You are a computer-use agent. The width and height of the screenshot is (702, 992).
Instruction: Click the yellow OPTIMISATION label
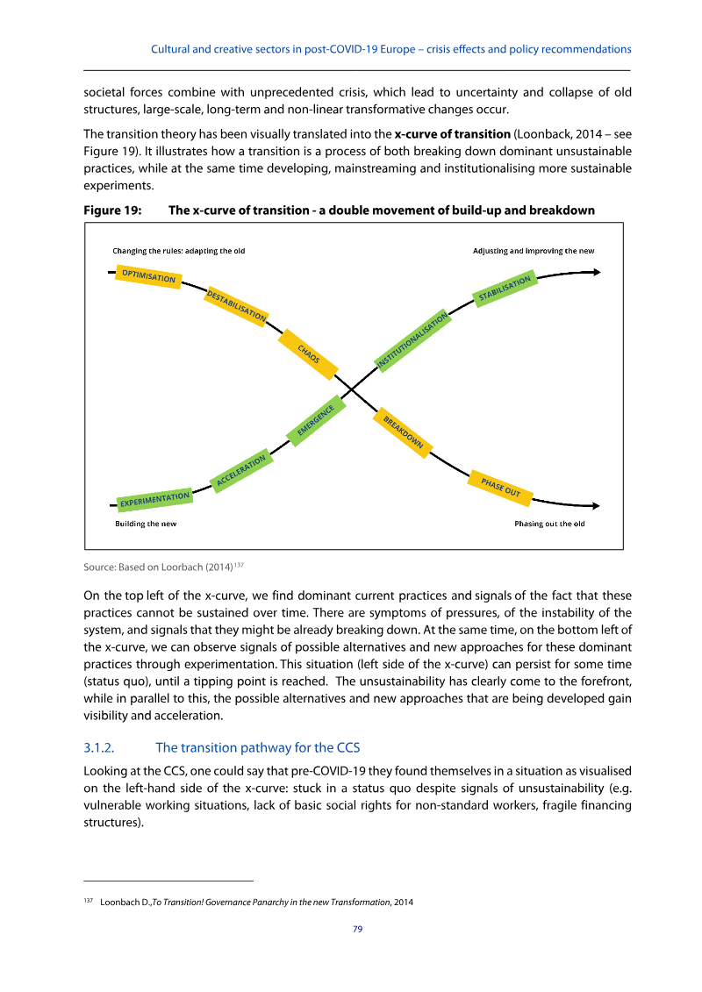point(149,276)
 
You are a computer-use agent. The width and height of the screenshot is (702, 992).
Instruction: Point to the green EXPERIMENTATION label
point(154,500)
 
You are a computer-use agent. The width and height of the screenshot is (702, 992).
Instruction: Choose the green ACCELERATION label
point(240,471)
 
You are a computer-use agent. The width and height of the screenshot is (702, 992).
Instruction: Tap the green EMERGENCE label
point(316,419)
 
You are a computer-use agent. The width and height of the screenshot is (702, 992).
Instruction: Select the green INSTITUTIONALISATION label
point(412,339)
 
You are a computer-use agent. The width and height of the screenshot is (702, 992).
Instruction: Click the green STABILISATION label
point(505,290)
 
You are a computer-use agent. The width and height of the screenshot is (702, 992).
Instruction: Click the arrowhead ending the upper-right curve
point(596,272)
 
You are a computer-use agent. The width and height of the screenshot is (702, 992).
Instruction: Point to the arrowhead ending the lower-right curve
point(596,505)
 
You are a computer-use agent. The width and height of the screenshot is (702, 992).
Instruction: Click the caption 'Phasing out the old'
point(549,524)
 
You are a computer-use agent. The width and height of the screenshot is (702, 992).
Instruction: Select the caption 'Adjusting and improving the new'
point(534,251)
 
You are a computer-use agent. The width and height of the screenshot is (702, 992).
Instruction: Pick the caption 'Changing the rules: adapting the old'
point(178,251)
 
